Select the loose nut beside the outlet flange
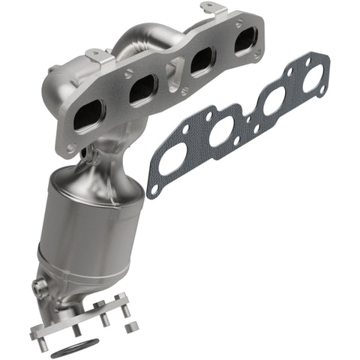click(133, 327)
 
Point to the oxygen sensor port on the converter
click(39, 286)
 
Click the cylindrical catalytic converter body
click(94, 225)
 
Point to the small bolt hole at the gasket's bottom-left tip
click(154, 190)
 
